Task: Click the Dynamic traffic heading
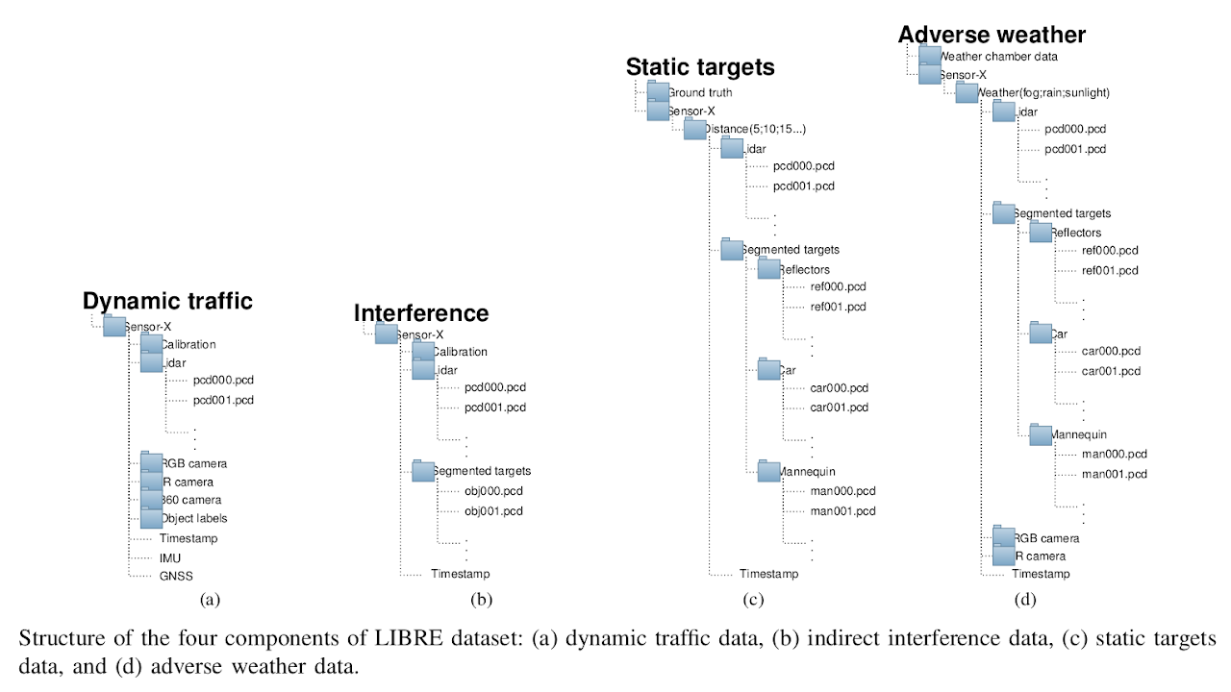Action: point(167,301)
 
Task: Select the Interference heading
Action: point(421,313)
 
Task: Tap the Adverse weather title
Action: point(992,36)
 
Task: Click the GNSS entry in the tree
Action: point(177,576)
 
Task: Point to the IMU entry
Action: point(170,557)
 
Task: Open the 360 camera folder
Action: point(152,500)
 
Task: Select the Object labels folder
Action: point(152,519)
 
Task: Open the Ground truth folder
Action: point(659,92)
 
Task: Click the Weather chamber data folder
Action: point(930,57)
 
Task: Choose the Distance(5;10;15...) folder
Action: point(695,130)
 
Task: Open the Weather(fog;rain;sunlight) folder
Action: point(967,93)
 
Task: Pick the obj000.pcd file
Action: point(493,491)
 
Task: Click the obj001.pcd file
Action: point(493,510)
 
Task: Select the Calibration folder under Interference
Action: point(423,352)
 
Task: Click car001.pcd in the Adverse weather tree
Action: point(1111,371)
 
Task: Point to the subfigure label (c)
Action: point(753,601)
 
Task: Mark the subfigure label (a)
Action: point(210,601)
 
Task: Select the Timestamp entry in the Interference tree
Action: point(460,575)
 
